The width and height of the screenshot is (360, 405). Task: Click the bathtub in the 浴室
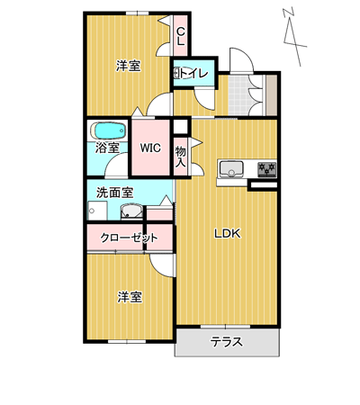108,130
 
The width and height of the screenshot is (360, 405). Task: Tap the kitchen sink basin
231,169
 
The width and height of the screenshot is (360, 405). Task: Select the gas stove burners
267,169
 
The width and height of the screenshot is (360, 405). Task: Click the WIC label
150,148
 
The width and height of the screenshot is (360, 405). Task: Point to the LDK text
228,233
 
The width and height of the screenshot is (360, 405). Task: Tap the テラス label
227,342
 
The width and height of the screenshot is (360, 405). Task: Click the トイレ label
193,73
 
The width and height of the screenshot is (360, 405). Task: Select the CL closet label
181,36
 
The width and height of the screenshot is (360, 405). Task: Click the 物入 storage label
181,157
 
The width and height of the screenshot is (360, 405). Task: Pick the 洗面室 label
115,193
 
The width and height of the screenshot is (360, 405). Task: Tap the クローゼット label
129,238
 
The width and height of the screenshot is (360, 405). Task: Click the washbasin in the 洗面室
131,211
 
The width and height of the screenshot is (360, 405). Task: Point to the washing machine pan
97,211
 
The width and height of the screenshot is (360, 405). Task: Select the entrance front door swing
241,60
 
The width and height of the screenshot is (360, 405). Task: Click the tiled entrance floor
238,95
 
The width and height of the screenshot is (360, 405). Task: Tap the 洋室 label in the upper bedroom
129,66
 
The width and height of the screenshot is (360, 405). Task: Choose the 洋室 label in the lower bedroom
130,297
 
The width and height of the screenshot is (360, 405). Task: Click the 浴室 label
107,148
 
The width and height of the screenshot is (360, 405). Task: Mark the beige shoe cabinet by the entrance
272,95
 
